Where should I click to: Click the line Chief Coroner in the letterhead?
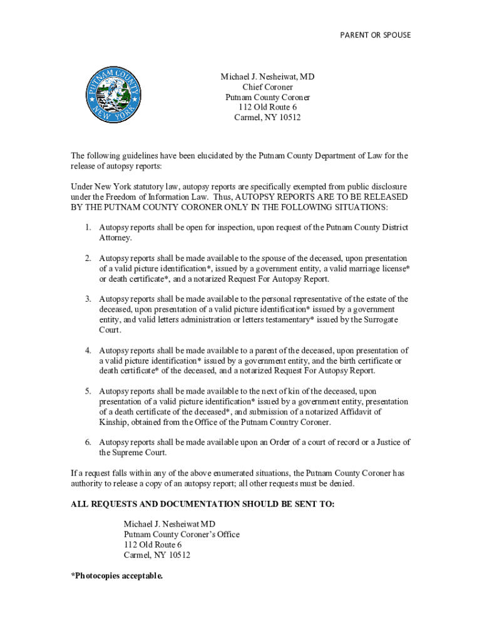pos(267,87)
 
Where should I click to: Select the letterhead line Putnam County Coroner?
pos(267,97)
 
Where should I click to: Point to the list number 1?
pos(89,228)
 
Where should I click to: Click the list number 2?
pos(89,258)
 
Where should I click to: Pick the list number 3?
pos(89,299)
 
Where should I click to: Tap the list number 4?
pos(89,350)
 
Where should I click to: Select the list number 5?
pos(89,391)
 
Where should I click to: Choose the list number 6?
pos(89,442)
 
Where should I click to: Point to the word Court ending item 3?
pos(110,330)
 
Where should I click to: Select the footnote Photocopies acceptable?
pos(117,575)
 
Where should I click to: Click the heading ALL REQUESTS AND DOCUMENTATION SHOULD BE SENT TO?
pos(203,504)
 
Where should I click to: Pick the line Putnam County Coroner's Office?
pos(182,534)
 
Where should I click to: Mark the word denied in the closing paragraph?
pos(342,483)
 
